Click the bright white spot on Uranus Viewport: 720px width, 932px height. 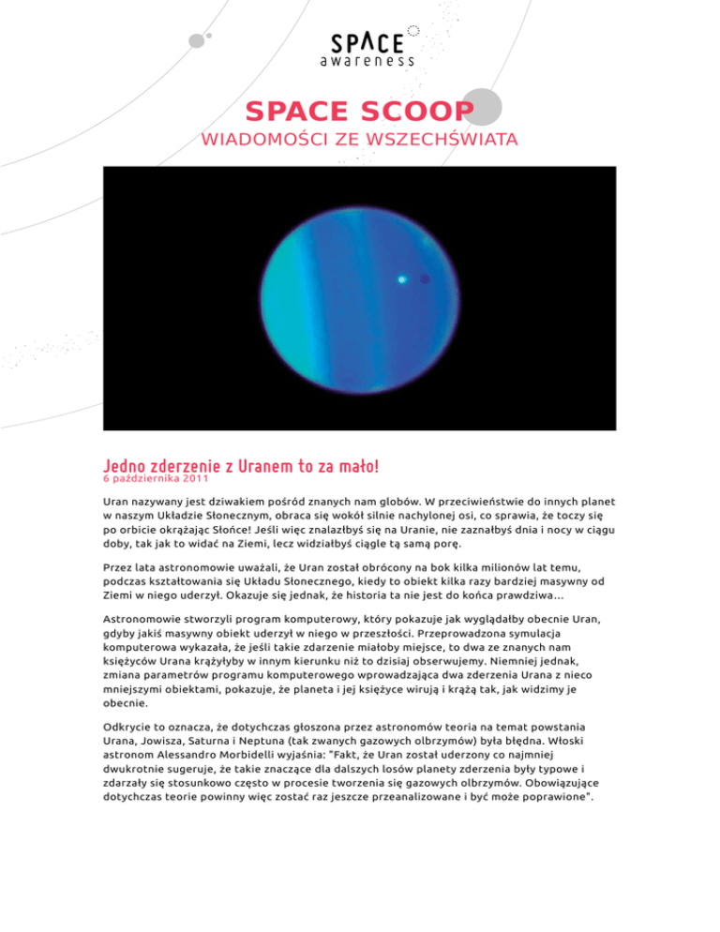pos(402,278)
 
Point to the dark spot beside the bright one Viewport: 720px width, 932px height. pos(425,278)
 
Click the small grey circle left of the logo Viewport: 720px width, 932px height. pos(197,40)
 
